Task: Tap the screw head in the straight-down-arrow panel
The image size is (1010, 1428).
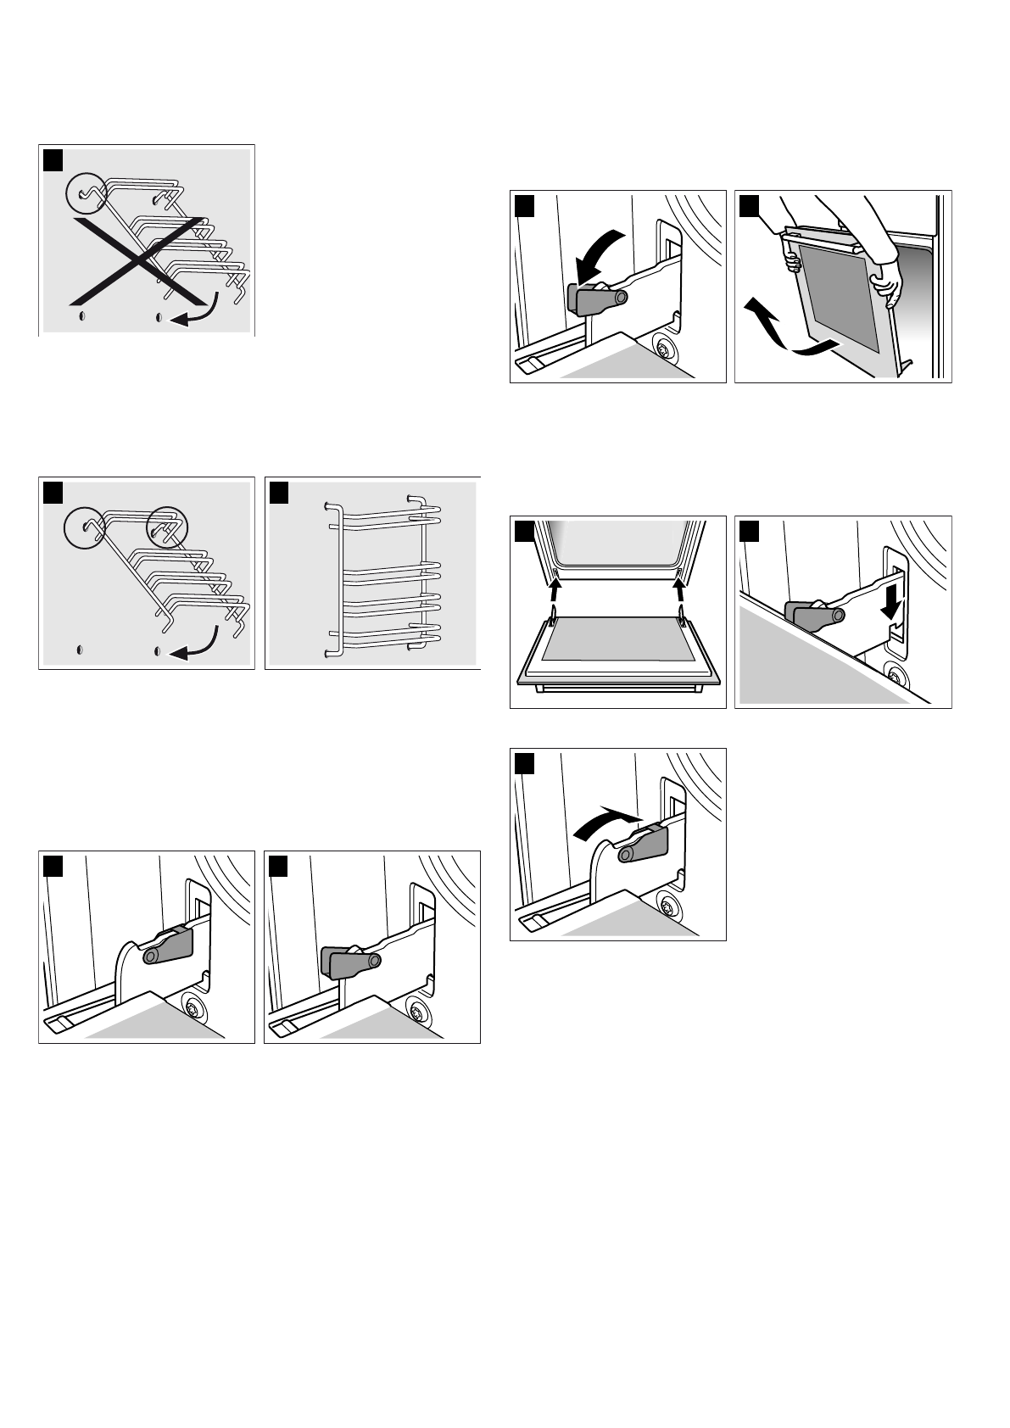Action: point(892,677)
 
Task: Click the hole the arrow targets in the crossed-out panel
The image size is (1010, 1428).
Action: point(159,317)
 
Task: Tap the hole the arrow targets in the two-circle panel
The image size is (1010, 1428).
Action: point(159,651)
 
